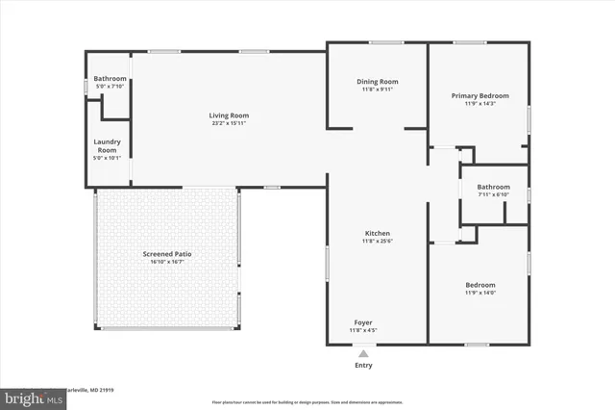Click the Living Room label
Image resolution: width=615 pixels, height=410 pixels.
coord(229,115)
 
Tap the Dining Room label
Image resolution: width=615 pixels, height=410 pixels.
coord(378,82)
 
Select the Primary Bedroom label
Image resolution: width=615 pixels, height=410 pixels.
coord(480,95)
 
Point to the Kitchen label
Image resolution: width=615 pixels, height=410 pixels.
coord(377,234)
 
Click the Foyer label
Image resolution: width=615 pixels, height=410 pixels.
coord(363,322)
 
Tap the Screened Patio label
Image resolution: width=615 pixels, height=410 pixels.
coord(168,254)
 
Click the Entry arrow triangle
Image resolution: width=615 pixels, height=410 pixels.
coord(363,353)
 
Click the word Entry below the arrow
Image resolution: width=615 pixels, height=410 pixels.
coord(363,366)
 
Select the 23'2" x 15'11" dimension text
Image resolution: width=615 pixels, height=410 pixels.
coord(229,123)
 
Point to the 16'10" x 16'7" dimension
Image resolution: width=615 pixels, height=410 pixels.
coord(168,262)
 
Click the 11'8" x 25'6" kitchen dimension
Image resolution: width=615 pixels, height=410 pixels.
coord(377,242)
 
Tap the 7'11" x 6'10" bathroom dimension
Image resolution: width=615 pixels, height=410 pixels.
coord(493,195)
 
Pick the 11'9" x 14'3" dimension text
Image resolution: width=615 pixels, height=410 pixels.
coord(480,103)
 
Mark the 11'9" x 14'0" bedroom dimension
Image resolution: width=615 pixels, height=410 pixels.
coord(480,293)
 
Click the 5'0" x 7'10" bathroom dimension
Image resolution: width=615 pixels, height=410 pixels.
coord(110,86)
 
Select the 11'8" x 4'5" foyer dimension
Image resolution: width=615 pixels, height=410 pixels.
coord(363,330)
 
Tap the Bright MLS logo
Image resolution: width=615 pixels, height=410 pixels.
coord(29,396)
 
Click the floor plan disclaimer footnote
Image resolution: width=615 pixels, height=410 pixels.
coord(307,401)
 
